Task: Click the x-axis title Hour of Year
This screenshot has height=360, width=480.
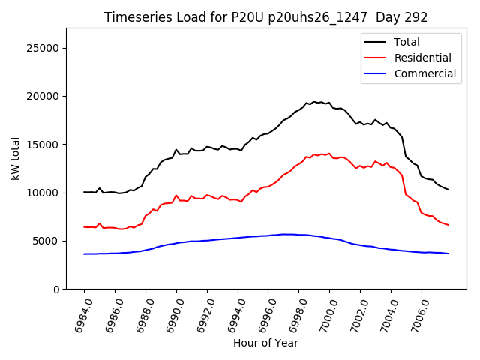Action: (x=265, y=343)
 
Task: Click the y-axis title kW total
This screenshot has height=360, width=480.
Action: (x=16, y=158)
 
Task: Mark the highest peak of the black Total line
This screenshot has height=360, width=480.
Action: (x=314, y=101)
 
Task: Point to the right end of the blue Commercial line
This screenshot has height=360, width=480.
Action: (x=448, y=253)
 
